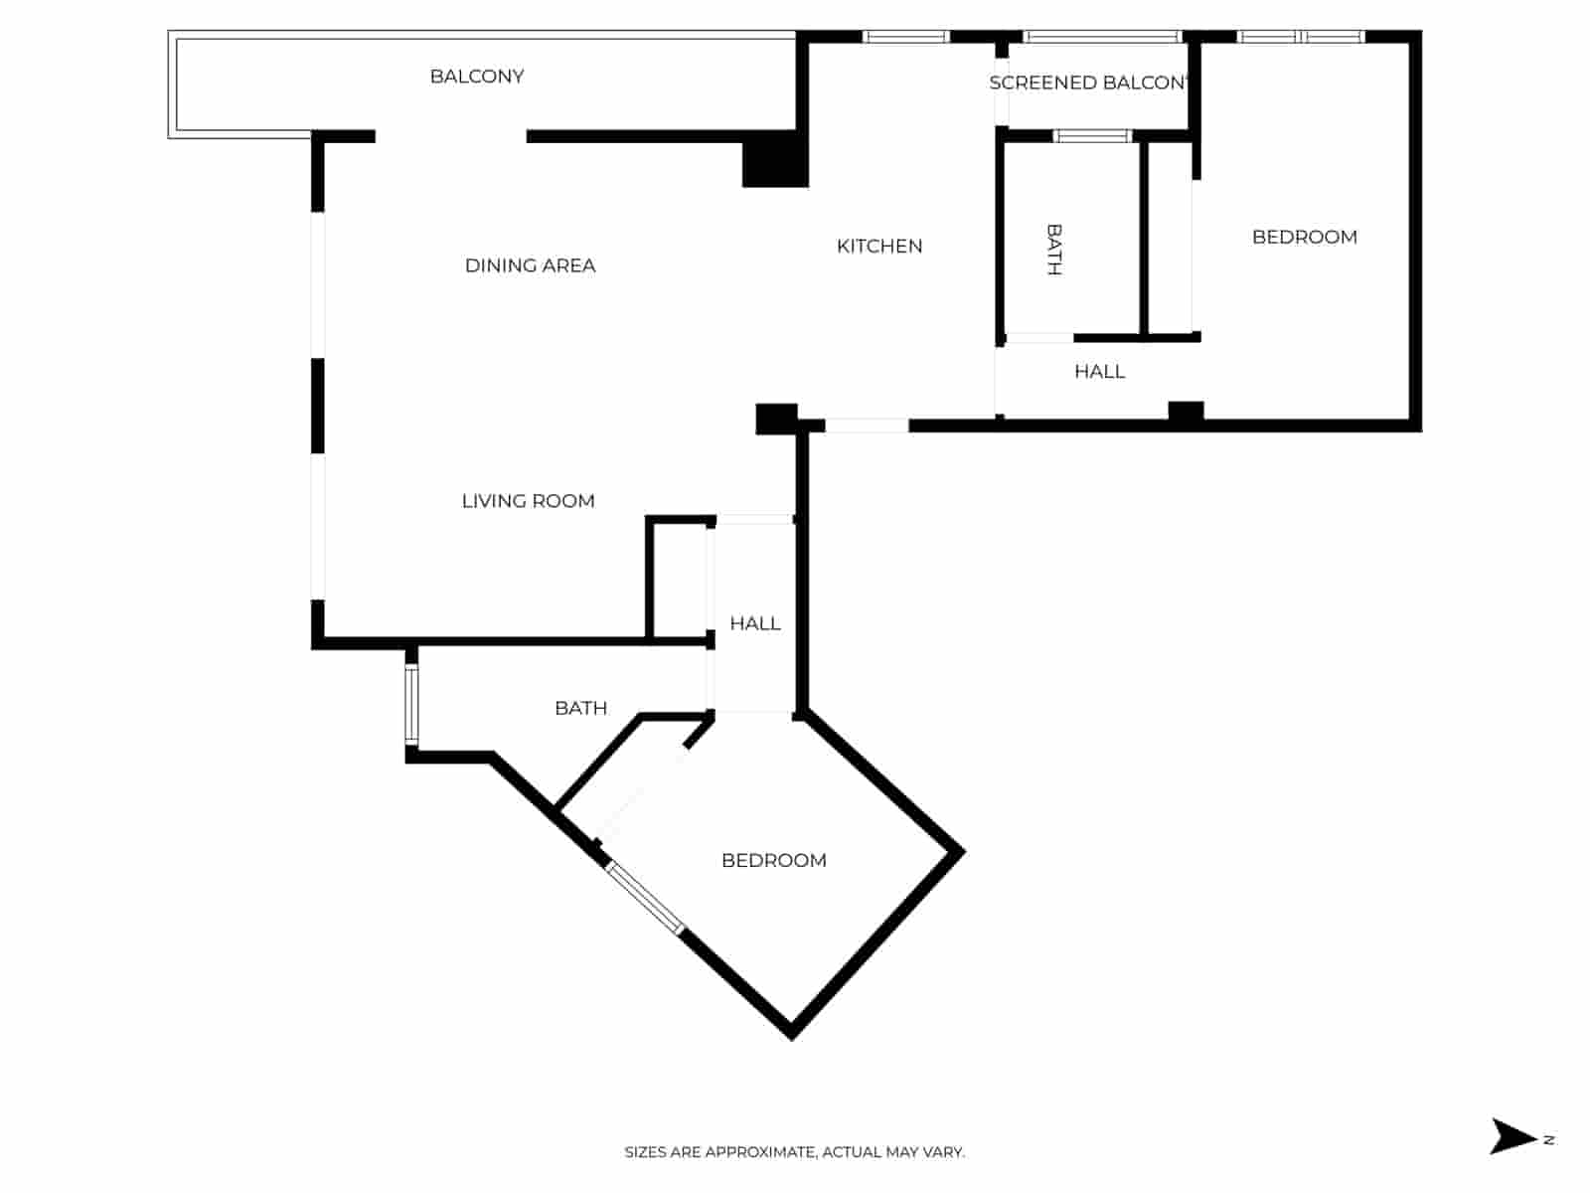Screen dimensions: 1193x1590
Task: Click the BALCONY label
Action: (x=477, y=77)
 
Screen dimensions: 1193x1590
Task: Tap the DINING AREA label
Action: (x=530, y=265)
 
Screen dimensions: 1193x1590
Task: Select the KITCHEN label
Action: (x=879, y=246)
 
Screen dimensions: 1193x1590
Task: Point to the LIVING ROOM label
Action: (x=528, y=501)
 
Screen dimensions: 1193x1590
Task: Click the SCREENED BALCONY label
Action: (x=1088, y=83)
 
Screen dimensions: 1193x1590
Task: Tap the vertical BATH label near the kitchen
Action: (x=1054, y=249)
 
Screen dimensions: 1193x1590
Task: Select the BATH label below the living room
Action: (x=580, y=708)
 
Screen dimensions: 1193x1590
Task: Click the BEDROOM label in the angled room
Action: (x=773, y=860)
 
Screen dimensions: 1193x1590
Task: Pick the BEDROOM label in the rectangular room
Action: (x=1304, y=237)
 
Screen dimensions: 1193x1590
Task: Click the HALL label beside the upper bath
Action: (x=1099, y=371)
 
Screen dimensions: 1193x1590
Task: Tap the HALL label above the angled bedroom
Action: (x=754, y=623)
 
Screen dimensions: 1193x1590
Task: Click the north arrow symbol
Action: (x=1513, y=1136)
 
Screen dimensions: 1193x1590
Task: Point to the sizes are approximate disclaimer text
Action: (x=794, y=1152)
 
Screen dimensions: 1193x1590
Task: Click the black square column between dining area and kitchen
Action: (x=774, y=161)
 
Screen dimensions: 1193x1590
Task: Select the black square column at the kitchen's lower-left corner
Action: (x=776, y=419)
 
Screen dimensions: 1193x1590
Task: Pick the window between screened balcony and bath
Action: (x=1092, y=136)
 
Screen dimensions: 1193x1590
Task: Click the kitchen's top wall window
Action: (x=905, y=38)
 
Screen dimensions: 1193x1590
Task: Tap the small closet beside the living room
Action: (x=679, y=579)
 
